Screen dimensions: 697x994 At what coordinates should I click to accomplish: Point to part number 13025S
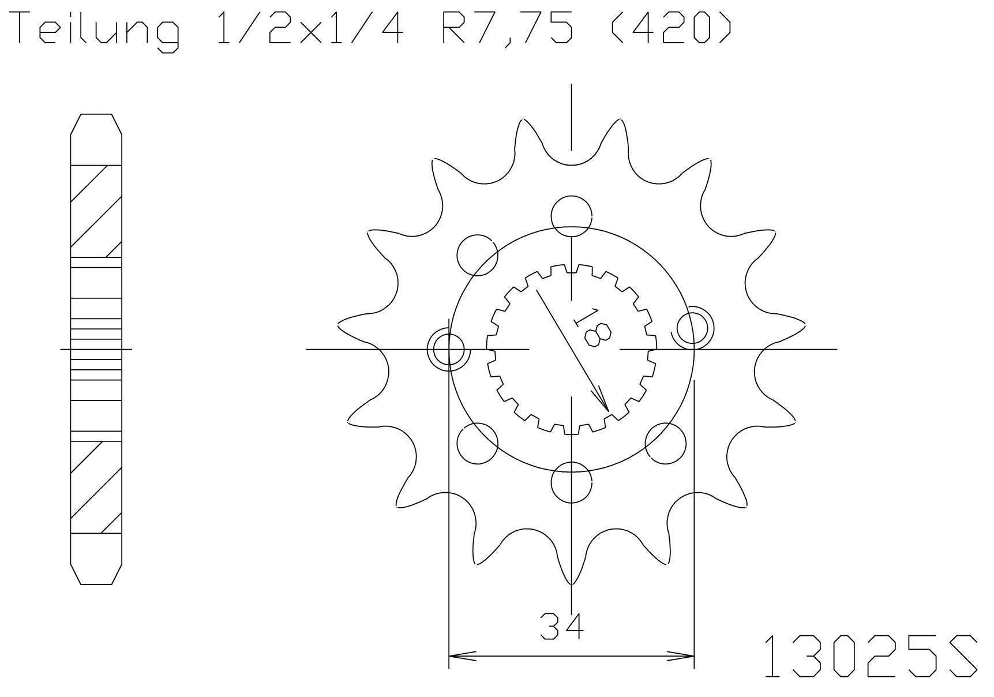point(871,657)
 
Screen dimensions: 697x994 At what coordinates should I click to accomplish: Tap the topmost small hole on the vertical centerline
point(571,216)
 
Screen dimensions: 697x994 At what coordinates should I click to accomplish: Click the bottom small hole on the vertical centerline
point(571,482)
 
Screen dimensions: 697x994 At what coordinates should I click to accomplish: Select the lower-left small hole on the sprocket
point(477,443)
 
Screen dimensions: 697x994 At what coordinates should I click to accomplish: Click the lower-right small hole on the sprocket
point(666,443)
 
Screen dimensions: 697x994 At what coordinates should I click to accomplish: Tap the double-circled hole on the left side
point(448,349)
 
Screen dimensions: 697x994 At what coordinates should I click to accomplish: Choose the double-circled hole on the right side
point(694,331)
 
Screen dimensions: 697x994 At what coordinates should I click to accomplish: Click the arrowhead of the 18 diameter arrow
point(605,404)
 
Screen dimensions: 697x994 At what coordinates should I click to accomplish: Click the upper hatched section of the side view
point(96,211)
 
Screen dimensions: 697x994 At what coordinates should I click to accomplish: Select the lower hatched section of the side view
point(96,488)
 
